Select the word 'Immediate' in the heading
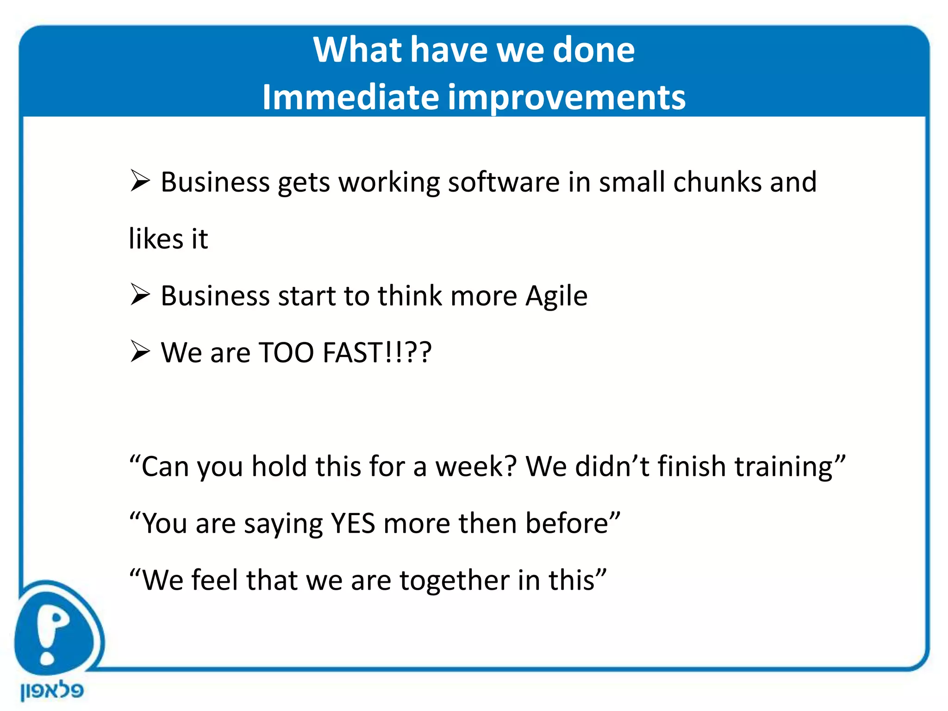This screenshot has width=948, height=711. tap(350, 97)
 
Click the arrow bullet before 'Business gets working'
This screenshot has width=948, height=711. tap(140, 181)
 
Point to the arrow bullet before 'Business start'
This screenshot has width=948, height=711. tap(140, 294)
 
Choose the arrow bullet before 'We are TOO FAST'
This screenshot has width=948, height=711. tap(140, 351)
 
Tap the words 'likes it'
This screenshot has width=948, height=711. tap(168, 239)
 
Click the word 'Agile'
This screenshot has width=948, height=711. tap(556, 296)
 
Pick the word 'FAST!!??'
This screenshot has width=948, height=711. tap(377, 353)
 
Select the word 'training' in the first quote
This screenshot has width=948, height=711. tap(787, 467)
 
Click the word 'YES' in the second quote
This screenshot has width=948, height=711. tap(353, 524)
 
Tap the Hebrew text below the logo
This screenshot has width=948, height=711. tap(52, 691)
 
